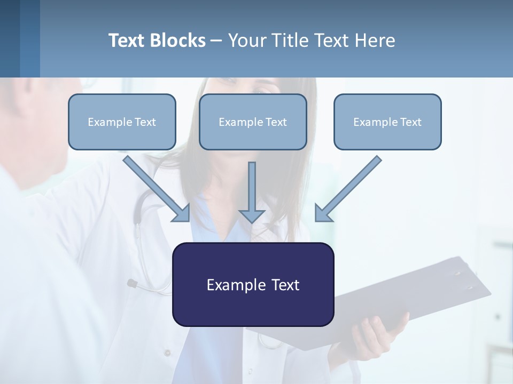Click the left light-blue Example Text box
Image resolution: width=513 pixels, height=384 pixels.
pos(122,122)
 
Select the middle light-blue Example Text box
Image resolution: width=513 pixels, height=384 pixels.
pos(253,122)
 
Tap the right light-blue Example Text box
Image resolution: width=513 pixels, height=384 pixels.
pos(387,122)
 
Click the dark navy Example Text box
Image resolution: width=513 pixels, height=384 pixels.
pos(253,284)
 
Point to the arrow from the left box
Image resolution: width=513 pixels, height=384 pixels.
pos(158,189)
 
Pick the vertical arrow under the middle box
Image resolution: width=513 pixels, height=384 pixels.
pos(252,192)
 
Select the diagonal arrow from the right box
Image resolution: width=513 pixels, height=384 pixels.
pos(348,189)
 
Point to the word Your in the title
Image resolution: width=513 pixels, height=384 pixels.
pos(246,41)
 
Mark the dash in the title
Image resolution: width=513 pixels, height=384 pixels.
pos(216,41)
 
